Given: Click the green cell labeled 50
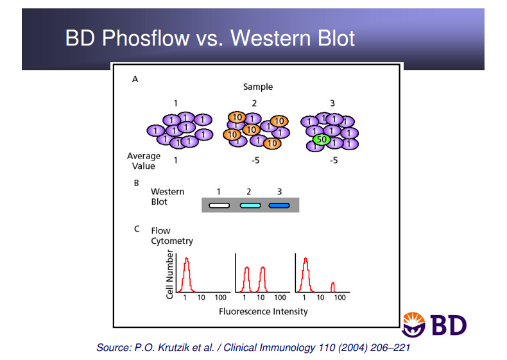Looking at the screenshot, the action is coord(322,140).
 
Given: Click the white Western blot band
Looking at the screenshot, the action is coord(219,205).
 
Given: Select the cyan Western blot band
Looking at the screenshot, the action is coord(250,205).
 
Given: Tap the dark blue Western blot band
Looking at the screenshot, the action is coord(279,205).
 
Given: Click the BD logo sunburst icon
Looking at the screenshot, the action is coord(413,325).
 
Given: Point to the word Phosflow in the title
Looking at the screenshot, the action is coord(146,38).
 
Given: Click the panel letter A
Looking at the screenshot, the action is coord(135,79).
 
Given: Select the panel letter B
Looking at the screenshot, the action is coord(137,183).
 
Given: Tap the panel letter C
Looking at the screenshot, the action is coord(137,229).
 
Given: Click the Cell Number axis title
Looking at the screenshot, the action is coord(170,274).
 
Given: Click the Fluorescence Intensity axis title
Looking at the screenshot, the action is coord(263,311).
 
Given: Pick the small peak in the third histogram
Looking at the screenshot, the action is coord(332,287).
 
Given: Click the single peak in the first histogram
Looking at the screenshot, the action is coord(186,274).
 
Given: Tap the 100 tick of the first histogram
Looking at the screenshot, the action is coord(221,298).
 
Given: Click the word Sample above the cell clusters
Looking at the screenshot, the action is coord(258,87).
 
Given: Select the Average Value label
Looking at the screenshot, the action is coord(144,161).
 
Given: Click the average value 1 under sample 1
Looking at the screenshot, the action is coord(175,160).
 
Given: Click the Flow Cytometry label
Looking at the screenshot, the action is coord(172,236).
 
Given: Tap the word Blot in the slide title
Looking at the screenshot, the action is coord(336,38).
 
